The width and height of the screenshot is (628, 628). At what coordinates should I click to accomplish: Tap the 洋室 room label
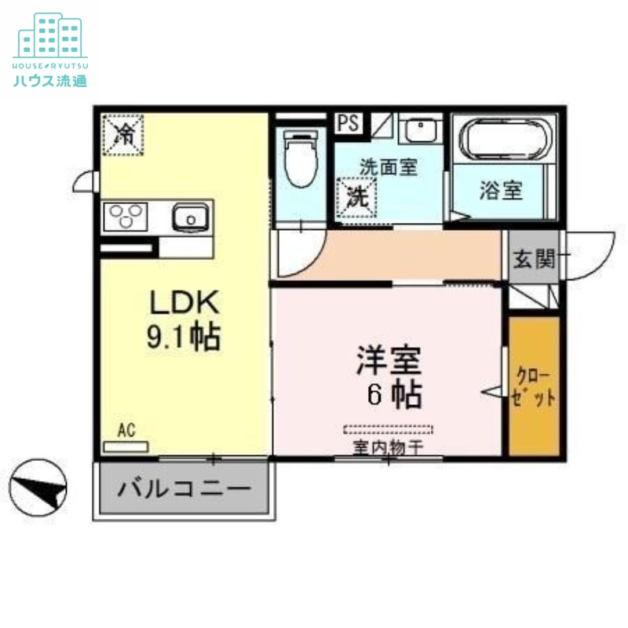pos(389,377)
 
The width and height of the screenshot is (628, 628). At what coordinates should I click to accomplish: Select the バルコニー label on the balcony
pos(184,488)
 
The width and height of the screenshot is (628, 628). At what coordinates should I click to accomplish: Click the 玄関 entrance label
pos(533,258)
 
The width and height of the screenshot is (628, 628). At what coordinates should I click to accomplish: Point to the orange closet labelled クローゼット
pos(535,386)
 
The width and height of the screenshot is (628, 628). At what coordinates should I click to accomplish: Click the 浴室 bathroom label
pos(501,191)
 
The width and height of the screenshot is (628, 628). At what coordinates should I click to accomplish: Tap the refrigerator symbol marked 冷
pos(124,134)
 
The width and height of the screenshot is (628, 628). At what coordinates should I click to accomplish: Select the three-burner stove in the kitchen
pos(129,216)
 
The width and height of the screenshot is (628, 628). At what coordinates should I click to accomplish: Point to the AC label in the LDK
pos(126,430)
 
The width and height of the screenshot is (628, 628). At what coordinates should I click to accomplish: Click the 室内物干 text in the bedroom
pos(388,447)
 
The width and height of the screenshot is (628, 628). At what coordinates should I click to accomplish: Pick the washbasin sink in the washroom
pos(422,129)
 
